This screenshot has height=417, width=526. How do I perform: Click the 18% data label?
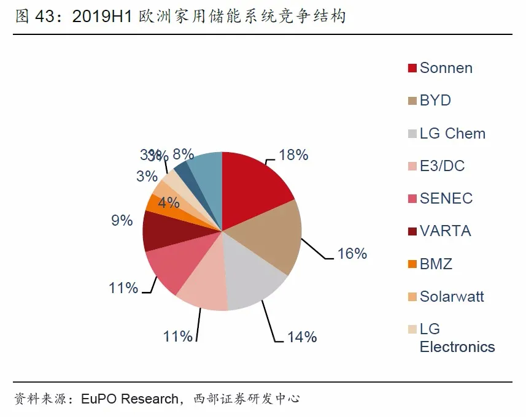(x=293, y=155)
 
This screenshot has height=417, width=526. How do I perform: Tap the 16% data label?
(x=352, y=253)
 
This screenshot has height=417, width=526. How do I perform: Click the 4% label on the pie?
(x=169, y=202)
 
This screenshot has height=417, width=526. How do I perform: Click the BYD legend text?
(x=435, y=101)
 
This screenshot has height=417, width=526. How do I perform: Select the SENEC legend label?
(x=446, y=199)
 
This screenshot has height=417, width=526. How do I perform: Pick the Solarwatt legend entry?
(x=452, y=297)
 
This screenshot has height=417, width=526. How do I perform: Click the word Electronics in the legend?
(x=457, y=347)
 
